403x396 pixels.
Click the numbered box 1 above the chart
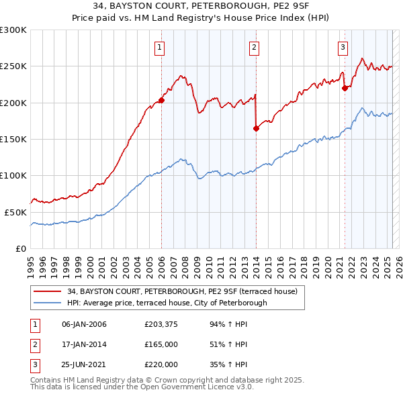click(161, 47)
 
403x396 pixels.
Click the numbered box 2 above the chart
click(255, 47)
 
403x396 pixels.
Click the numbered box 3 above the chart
click(343, 47)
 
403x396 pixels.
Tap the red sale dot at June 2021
click(345, 88)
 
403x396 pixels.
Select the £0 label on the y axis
click(20, 248)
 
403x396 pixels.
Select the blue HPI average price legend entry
click(167, 303)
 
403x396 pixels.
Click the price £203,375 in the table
click(161, 325)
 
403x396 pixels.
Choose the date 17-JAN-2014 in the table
click(84, 345)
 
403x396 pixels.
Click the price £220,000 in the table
click(161, 364)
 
